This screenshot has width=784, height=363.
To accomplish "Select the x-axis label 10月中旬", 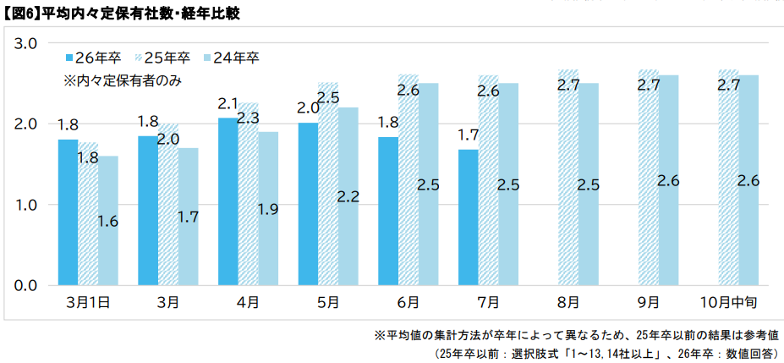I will click(730, 301).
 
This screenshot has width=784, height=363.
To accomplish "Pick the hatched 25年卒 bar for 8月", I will click(568, 178).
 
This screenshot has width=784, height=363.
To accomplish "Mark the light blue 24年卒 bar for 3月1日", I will click(107, 221).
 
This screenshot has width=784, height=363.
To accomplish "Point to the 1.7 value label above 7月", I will click(469, 135).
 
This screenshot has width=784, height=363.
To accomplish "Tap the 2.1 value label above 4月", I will click(228, 103).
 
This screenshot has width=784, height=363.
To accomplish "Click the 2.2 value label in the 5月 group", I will click(348, 196).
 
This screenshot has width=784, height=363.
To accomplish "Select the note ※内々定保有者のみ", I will click(123, 81).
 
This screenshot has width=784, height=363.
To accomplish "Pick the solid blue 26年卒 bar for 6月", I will click(388, 212).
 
